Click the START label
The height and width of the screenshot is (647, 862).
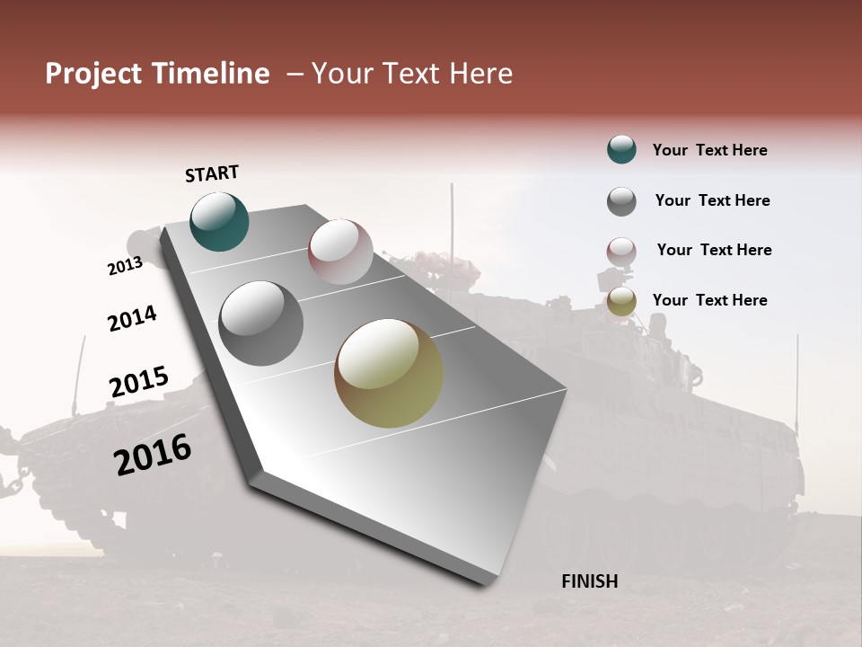(212, 173)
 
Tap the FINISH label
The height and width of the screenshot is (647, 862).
(589, 581)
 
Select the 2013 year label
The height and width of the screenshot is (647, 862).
(125, 266)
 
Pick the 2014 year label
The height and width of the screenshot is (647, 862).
(132, 318)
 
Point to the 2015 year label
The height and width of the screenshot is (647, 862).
(138, 382)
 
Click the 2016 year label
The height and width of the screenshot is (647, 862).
(153, 454)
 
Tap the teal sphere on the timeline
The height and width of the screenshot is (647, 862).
(219, 221)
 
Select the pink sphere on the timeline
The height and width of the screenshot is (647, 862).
(340, 252)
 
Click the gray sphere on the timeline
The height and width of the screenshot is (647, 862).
(260, 323)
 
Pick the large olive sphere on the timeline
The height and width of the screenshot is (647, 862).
(389, 373)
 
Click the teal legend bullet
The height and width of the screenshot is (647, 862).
(621, 149)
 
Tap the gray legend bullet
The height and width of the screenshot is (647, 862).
(621, 201)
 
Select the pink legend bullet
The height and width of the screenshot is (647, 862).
(621, 252)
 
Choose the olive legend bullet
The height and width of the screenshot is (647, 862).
(621, 302)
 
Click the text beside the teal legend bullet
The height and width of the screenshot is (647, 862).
(709, 150)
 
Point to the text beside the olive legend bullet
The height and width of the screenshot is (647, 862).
(709, 300)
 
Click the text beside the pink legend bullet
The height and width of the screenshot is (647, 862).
(714, 250)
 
